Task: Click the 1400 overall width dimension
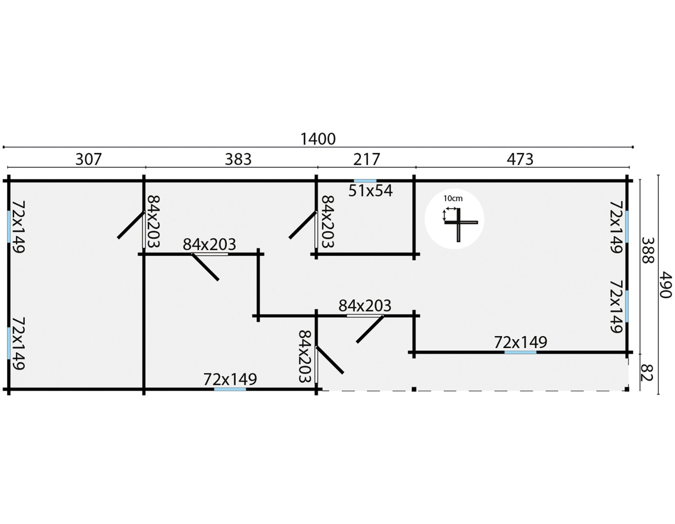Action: (x=318, y=139)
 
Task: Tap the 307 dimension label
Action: (x=88, y=159)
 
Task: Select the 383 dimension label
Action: (x=238, y=159)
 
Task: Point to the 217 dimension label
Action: (x=367, y=159)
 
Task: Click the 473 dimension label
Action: (x=520, y=159)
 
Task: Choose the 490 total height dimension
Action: (x=666, y=285)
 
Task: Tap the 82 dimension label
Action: (x=646, y=372)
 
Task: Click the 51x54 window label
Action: (x=370, y=191)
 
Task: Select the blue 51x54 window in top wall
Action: (x=365, y=181)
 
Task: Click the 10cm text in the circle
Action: (x=453, y=199)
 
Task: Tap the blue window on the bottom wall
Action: (x=230, y=389)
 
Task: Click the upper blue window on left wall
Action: (x=9, y=226)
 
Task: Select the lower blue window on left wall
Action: (x=9, y=343)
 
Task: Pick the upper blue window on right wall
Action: (x=627, y=226)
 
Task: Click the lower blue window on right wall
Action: (x=627, y=306)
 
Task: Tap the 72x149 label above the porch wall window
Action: (x=521, y=342)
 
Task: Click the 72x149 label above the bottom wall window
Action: (x=230, y=379)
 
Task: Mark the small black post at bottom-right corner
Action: (x=627, y=389)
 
